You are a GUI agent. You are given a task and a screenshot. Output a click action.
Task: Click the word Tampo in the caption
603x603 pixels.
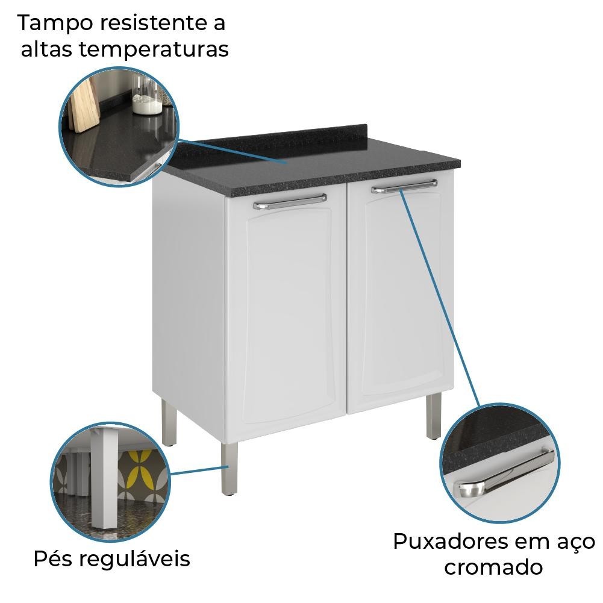click(x=55, y=23)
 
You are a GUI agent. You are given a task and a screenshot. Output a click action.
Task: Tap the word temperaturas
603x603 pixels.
click(x=154, y=49)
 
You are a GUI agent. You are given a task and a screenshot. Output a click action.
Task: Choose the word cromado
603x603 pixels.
click(x=493, y=567)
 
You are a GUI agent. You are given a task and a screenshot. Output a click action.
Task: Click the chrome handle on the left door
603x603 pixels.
click(x=290, y=202)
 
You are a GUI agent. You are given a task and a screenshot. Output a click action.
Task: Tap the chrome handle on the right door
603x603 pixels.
click(x=404, y=186)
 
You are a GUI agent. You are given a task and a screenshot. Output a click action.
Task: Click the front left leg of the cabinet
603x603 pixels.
click(x=230, y=468)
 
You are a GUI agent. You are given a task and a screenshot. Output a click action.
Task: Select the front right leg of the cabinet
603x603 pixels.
click(x=434, y=416)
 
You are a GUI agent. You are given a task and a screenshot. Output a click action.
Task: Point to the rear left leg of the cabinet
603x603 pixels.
click(x=169, y=422)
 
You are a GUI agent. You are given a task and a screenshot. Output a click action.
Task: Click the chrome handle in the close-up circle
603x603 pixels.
click(x=504, y=473)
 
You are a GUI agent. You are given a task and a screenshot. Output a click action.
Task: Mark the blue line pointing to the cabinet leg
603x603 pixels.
click(x=199, y=470)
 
